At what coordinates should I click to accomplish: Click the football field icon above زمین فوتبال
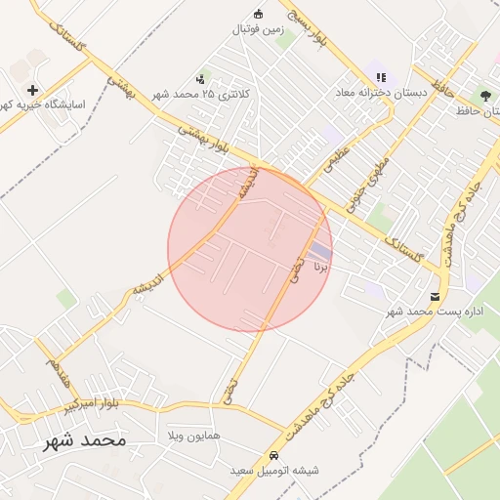(258, 14)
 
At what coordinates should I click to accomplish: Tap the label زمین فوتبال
(257, 29)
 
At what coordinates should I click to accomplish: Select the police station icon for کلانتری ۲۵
(201, 78)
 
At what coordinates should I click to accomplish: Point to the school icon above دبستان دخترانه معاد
(381, 76)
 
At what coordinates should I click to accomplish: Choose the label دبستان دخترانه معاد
(382, 92)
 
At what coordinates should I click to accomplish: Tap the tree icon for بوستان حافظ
(485, 95)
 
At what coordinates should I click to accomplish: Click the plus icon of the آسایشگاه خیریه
(32, 90)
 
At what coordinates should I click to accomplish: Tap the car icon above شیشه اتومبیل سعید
(273, 456)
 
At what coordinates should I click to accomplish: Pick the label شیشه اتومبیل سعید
(274, 471)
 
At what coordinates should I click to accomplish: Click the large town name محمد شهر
(85, 440)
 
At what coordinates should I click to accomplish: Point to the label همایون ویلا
(195, 434)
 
